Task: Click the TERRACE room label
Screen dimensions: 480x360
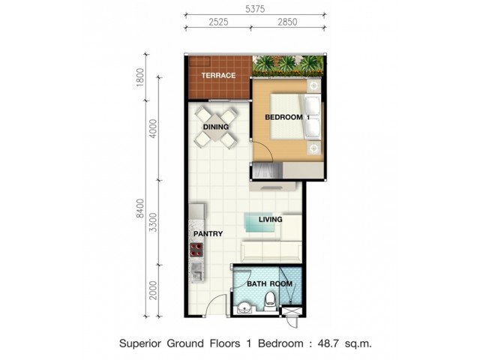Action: tap(218, 75)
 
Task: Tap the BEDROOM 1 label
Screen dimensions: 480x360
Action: tap(287, 117)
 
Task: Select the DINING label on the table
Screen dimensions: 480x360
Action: tap(216, 127)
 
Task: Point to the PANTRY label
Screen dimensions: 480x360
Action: tap(208, 234)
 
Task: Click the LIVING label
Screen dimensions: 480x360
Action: tap(270, 220)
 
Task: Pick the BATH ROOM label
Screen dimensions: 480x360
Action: tap(269, 284)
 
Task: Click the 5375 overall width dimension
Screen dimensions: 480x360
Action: tap(255, 9)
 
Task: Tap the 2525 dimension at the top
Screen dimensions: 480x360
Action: tap(218, 22)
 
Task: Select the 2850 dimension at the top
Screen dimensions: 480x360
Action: tap(287, 22)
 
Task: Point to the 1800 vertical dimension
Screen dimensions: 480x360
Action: tap(140, 77)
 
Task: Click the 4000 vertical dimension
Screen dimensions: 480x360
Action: tap(153, 128)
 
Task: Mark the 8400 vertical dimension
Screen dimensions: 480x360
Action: tap(140, 208)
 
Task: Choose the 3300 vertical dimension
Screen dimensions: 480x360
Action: tap(153, 223)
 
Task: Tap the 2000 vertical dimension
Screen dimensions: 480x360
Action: tap(153, 290)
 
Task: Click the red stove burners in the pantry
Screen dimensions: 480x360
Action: tap(196, 250)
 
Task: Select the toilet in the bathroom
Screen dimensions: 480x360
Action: tap(270, 301)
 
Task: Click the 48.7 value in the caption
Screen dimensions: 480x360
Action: tap(328, 343)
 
